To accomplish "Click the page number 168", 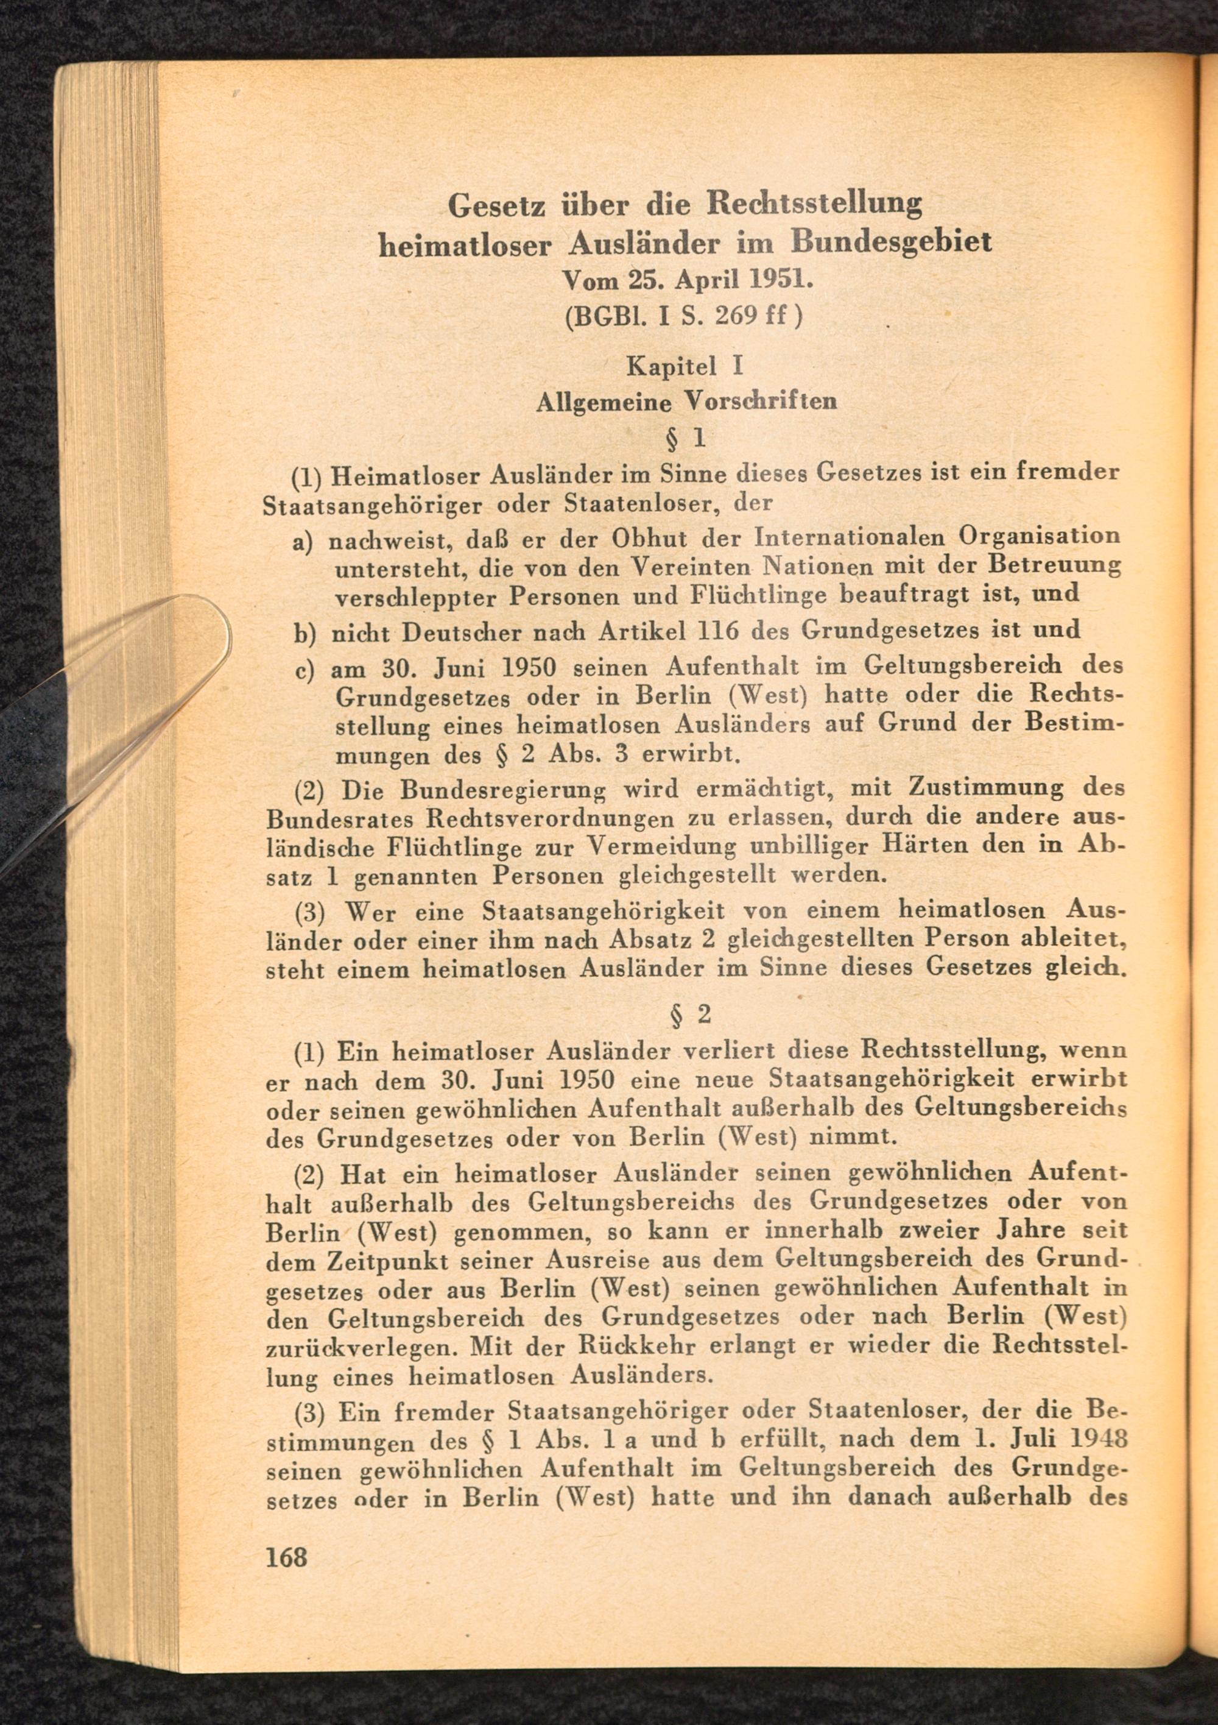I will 287,1556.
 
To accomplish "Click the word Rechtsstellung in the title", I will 815,204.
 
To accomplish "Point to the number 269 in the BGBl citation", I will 734,315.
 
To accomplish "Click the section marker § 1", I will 686,437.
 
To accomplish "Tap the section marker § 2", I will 689,1015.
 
